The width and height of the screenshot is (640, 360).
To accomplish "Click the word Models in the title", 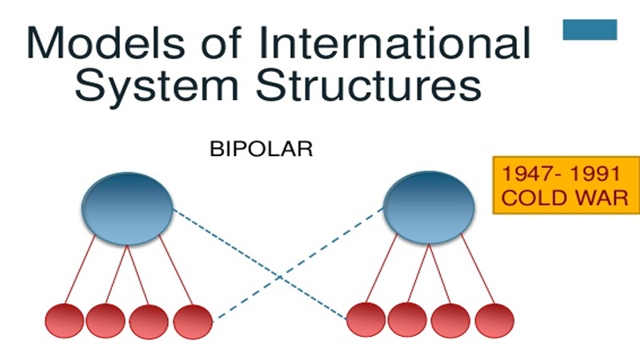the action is coord(106,42).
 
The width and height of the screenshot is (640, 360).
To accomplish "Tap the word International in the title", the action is coord(394,42).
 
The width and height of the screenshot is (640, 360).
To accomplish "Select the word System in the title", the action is coord(157,86).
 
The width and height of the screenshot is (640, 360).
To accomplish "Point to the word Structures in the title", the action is coord(369,86).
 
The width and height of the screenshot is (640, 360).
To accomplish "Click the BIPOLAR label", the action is coord(262,149).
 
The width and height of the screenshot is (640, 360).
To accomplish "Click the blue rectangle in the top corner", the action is coord(590,30).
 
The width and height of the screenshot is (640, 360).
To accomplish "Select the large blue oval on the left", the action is coord(127,209).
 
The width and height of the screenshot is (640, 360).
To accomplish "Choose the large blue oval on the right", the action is coord(429,208).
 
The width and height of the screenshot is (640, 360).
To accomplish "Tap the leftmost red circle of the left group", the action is coord(65,321).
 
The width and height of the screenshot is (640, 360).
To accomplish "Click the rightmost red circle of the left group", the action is coord(193,322).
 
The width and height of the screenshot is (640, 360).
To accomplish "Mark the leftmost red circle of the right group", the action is coord(366,319).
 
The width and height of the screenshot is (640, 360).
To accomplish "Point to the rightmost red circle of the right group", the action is coord(494,321).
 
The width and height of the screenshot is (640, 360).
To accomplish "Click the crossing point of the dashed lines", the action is coord(279,278).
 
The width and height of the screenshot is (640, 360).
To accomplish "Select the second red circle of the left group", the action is coord(106,321).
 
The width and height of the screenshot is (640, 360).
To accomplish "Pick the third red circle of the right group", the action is coord(450,321).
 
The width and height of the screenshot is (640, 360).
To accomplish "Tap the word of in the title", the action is coord(222,42).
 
